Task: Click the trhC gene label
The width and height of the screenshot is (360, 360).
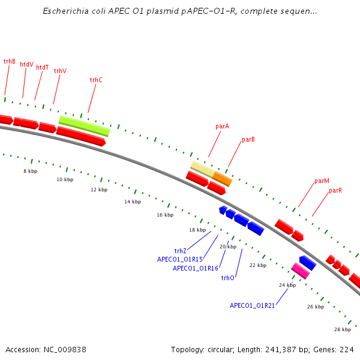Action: (x=96, y=80)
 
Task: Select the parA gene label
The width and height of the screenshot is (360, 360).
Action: (x=222, y=127)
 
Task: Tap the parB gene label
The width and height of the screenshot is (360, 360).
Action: (x=248, y=140)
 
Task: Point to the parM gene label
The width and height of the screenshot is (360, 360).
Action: (x=322, y=181)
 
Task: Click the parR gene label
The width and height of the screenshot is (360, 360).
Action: (x=335, y=191)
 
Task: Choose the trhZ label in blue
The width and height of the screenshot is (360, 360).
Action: (x=180, y=251)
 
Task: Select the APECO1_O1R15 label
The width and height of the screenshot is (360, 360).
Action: (x=180, y=259)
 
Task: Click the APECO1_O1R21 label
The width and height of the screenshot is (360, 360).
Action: (x=252, y=305)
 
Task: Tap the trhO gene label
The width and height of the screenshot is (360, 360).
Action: (x=227, y=278)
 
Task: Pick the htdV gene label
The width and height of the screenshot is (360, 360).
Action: (x=26, y=65)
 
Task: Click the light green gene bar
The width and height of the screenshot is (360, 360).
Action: (x=85, y=126)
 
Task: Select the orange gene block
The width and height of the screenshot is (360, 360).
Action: (x=222, y=179)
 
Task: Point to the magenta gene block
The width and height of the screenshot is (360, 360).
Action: (x=301, y=271)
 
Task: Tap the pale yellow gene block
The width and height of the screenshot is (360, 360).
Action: (x=203, y=169)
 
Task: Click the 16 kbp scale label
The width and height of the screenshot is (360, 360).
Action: (x=165, y=215)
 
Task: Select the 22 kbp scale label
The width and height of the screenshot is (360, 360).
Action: (x=258, y=265)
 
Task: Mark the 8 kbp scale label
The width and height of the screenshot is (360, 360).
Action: (x=31, y=171)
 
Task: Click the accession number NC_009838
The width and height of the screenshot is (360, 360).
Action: (x=65, y=350)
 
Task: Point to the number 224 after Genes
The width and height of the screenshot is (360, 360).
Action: (x=347, y=350)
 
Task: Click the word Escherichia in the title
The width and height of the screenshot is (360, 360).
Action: (x=65, y=11)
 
